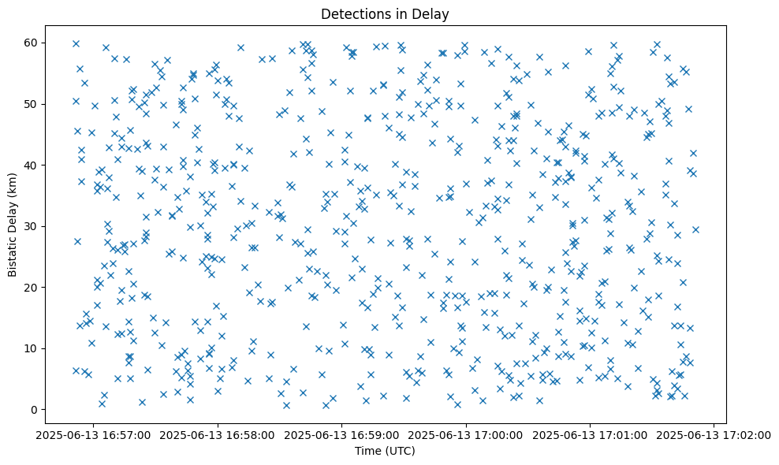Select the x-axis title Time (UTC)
tap(385, 452)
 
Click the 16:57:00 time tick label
tap(94, 434)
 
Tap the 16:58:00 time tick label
tap(218, 434)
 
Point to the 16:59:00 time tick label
tap(342, 434)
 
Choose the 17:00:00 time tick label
tap(467, 434)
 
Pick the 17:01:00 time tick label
tap(591, 434)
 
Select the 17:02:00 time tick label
tap(714, 434)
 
